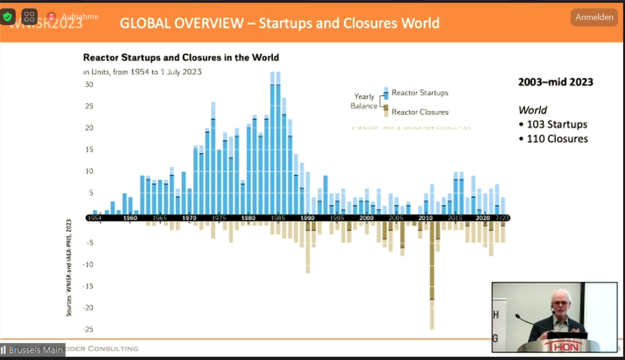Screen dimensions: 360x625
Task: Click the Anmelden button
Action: tap(594, 17)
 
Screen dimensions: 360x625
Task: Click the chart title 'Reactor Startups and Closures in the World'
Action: tap(181, 57)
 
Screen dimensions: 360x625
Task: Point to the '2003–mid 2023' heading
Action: tap(556, 82)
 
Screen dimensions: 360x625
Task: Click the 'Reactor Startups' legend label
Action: tap(420, 93)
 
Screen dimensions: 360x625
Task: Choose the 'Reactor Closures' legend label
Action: tap(420, 112)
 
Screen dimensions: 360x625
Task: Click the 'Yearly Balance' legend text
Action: tap(364, 101)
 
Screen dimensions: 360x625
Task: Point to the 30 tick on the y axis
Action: tap(89, 85)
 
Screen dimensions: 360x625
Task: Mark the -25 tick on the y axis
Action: tap(88, 329)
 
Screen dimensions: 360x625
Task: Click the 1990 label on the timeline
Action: tap(307, 217)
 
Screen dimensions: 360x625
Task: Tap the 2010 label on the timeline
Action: tap(426, 217)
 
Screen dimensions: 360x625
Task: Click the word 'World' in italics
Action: tap(532, 110)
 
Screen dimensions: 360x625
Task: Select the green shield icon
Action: tap(7, 16)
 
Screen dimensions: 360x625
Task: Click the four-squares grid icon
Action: tap(29, 16)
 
